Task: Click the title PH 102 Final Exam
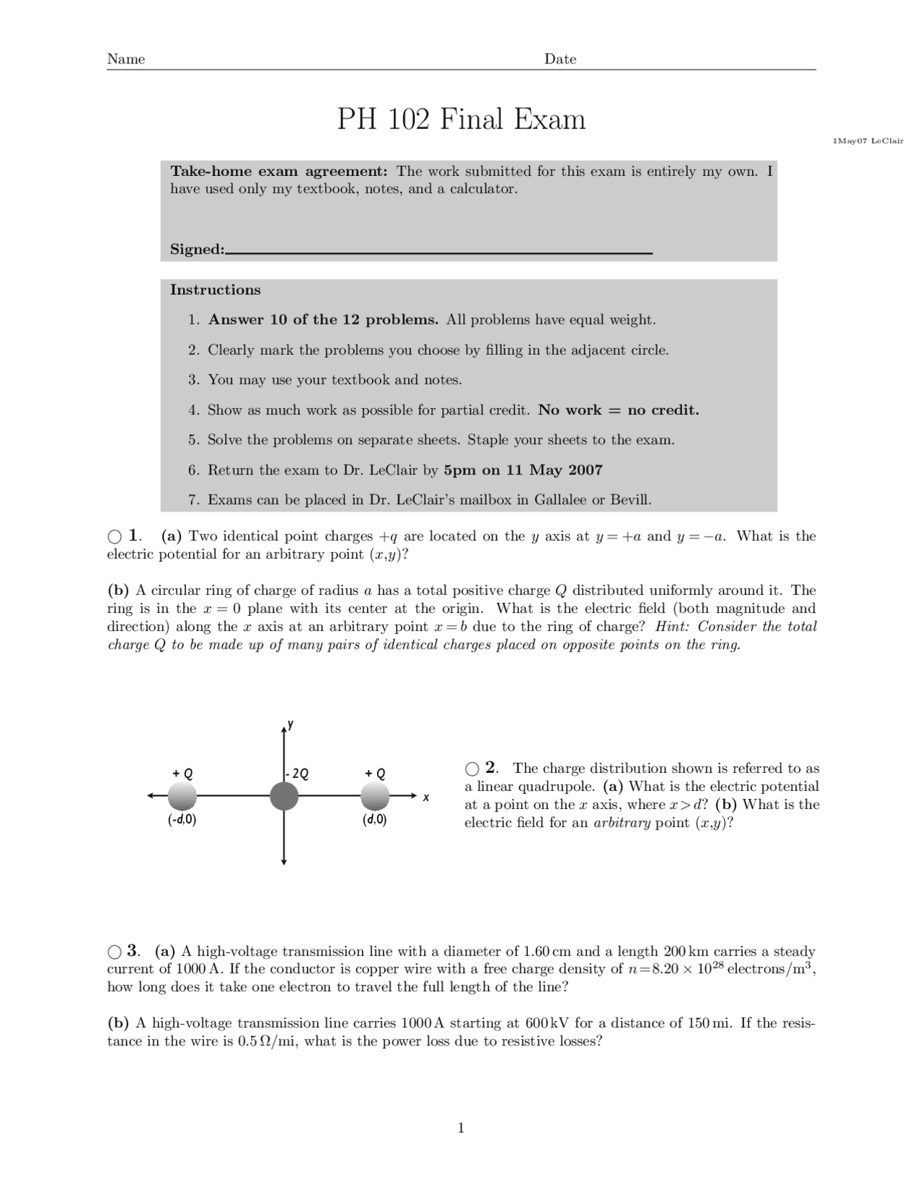461,119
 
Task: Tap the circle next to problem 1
115,536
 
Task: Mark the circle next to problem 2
472,769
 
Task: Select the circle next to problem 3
115,952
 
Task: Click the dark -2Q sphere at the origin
284,797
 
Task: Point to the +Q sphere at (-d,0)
182,797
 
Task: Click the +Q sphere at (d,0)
374,797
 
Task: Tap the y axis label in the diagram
290,723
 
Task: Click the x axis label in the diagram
426,797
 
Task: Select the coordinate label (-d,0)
182,820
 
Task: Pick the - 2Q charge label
298,774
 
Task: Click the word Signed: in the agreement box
197,249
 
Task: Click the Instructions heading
215,290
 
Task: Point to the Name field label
126,59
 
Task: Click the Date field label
560,59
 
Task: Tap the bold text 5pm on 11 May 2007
523,470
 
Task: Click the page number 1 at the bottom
461,1128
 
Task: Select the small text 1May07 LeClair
867,141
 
